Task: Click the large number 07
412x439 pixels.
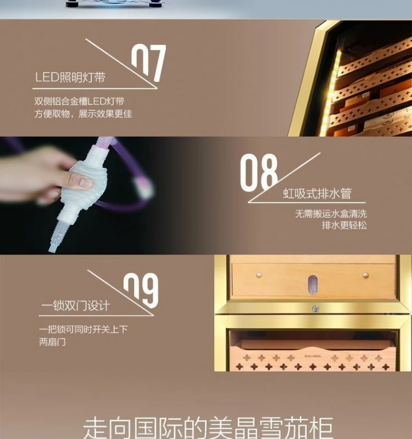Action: (x=148, y=63)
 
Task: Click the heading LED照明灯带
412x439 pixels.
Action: (x=70, y=77)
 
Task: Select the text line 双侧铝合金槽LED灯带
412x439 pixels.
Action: (x=79, y=101)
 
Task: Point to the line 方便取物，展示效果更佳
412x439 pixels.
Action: (x=83, y=114)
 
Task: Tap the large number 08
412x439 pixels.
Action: (x=258, y=172)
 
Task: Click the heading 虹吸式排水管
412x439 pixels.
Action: (x=317, y=193)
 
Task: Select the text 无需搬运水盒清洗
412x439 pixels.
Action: (x=331, y=214)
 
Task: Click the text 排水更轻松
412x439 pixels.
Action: (x=344, y=225)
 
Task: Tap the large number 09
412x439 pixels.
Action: (x=141, y=290)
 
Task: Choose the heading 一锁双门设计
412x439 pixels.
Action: (x=75, y=306)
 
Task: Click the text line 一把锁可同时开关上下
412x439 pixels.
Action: (x=83, y=329)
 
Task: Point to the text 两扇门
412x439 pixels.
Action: (x=52, y=341)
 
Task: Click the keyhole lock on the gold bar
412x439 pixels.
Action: (x=315, y=309)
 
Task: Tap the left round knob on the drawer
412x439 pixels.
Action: (x=259, y=275)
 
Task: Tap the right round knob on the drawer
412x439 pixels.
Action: (x=366, y=275)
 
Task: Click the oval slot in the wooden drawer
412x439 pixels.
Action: (x=312, y=285)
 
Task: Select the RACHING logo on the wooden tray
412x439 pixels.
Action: (x=313, y=356)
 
